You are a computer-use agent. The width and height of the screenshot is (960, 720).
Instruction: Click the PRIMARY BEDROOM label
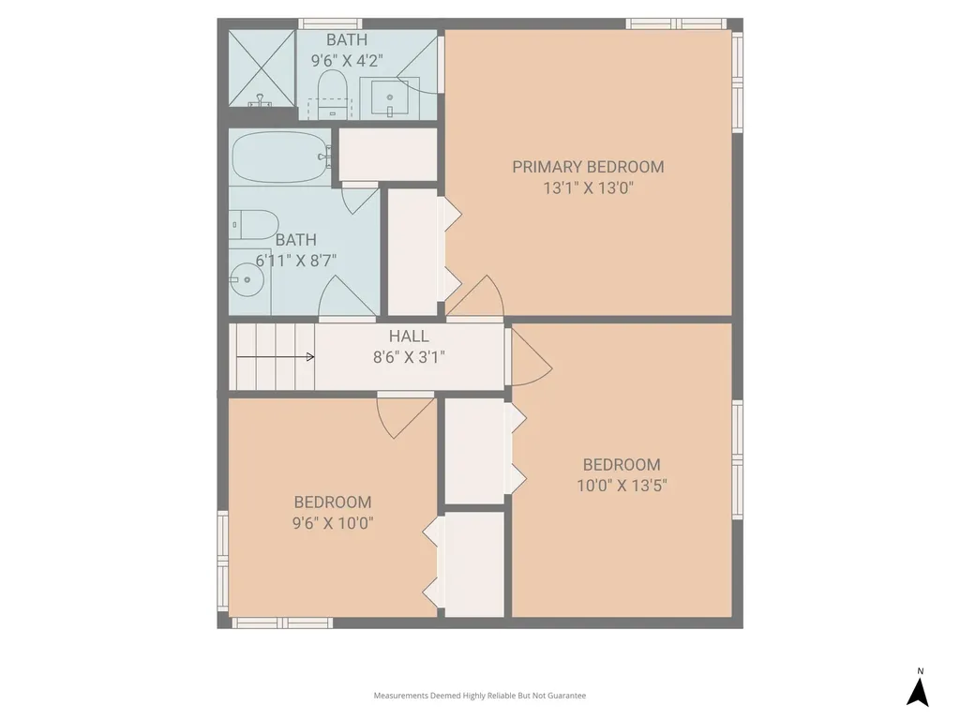coord(588,167)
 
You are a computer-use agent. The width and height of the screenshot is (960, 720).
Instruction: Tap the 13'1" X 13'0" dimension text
coord(588,187)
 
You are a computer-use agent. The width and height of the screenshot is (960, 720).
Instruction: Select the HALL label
coord(409,337)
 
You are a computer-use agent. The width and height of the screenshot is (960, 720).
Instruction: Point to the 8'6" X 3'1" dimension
coord(409,357)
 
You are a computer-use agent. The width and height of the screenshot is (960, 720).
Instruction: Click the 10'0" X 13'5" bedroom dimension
coord(622,486)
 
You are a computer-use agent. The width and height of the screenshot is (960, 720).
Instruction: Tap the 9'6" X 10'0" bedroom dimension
coord(333,523)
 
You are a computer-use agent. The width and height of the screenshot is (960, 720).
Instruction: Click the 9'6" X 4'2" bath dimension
coord(347,61)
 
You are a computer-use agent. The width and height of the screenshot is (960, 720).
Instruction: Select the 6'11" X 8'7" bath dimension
coord(295,261)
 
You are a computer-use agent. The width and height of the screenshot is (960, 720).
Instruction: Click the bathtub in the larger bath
coord(281,157)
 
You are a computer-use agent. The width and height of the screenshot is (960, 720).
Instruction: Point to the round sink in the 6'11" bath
coord(247,279)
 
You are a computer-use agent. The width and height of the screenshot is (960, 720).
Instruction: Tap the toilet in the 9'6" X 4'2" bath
coord(333,94)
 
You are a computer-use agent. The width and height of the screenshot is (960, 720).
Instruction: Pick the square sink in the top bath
coord(389,97)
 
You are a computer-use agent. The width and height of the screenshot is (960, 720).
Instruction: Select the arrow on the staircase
coord(276,357)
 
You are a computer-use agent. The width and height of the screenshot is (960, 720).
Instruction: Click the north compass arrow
coord(918,691)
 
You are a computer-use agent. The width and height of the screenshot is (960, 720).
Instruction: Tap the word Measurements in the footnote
coord(401,696)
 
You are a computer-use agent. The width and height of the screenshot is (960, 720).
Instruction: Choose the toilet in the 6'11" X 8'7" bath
coord(254,225)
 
